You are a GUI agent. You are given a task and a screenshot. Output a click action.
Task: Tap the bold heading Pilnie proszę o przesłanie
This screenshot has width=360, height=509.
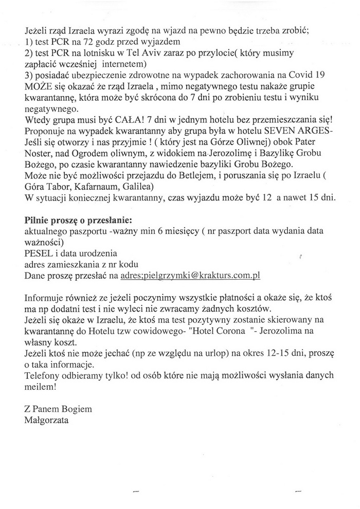click(x=67, y=221)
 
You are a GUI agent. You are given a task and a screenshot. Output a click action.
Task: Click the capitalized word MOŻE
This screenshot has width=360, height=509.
click(x=35, y=85)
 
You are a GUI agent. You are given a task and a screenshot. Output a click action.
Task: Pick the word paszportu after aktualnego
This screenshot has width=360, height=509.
click(x=89, y=232)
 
